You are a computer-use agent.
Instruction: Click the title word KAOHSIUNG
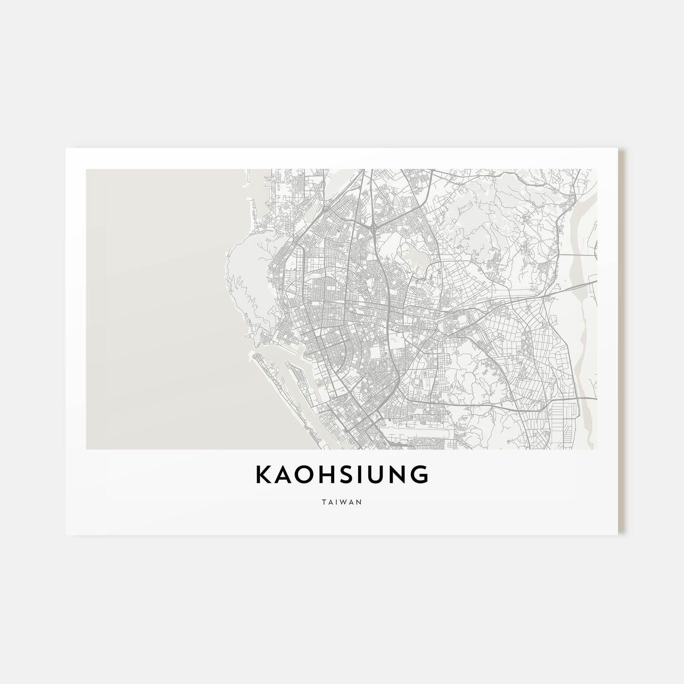point(342,475)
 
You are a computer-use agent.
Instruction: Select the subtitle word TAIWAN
point(342,502)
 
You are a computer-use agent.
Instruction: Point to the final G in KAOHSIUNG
point(420,475)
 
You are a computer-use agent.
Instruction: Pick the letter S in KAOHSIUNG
point(342,475)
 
